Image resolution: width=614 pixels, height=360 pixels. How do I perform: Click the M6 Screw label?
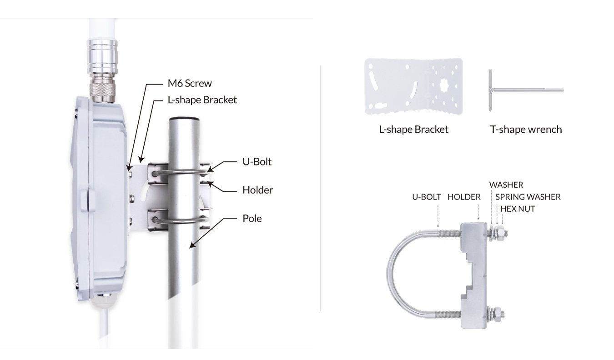tap(190, 83)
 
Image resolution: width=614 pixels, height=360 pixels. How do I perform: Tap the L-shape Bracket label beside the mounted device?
tap(202, 100)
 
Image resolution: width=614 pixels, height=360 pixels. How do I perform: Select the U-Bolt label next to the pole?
tap(257, 162)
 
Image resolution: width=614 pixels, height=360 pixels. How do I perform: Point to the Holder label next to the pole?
tap(258, 190)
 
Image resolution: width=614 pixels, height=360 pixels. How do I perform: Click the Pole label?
tap(252, 218)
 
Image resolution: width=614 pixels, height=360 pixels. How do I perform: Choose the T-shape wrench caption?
tap(526, 129)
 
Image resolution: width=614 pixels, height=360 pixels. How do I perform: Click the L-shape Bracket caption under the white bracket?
tap(413, 129)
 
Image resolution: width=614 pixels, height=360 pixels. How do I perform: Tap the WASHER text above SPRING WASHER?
tap(506, 185)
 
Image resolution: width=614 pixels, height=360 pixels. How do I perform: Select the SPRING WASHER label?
tap(528, 197)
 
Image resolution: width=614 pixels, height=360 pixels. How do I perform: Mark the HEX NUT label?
tap(518, 209)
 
